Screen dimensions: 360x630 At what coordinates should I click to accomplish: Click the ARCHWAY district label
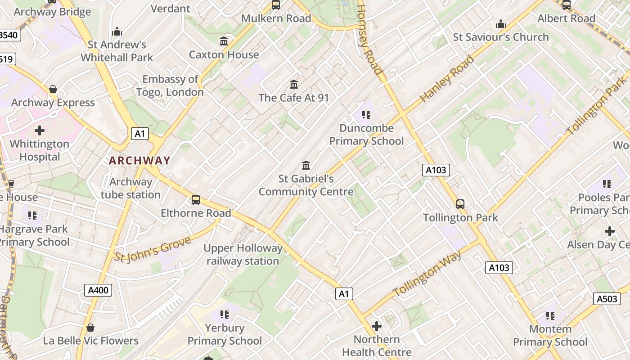[139, 160]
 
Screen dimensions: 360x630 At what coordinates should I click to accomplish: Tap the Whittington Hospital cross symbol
[40, 131]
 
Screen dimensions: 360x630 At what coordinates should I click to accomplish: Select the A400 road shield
[98, 290]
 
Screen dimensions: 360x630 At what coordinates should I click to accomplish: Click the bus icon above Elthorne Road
[196, 200]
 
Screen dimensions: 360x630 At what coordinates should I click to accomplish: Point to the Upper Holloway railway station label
[243, 255]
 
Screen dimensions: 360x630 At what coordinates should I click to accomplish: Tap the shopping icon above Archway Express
[53, 90]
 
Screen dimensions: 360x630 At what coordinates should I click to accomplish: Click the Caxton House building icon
[224, 42]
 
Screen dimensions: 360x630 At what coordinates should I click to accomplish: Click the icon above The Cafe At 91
[294, 84]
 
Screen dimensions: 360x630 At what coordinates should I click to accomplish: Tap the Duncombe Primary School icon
[366, 115]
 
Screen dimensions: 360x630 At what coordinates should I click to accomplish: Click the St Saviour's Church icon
[501, 24]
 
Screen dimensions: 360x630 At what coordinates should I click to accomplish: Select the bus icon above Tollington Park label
[460, 204]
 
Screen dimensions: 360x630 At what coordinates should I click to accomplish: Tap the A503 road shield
[607, 299]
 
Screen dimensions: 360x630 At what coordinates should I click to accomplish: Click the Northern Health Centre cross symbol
[377, 326]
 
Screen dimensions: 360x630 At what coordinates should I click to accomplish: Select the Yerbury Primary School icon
[224, 315]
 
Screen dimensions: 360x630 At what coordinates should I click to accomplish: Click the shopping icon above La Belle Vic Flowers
[90, 328]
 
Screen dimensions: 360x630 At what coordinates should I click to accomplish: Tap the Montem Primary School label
[550, 336]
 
